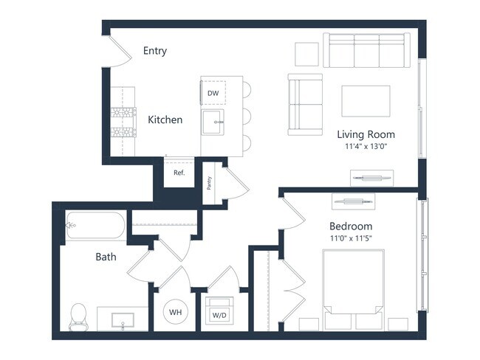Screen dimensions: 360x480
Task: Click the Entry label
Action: coord(155,51)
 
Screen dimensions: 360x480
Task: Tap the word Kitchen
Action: coord(165,120)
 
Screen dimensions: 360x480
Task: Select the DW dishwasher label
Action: coord(213,93)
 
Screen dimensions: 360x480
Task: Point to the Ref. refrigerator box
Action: coord(179,173)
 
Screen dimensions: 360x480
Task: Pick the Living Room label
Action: coord(366,134)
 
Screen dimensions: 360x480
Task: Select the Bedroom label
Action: coord(350,226)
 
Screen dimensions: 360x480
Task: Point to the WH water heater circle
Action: coord(176,313)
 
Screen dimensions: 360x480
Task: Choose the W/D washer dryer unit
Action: coord(219,314)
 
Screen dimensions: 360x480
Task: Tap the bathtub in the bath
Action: coord(97,224)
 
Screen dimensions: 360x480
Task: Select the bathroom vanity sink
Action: coord(122,319)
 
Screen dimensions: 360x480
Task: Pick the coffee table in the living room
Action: coord(366,101)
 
